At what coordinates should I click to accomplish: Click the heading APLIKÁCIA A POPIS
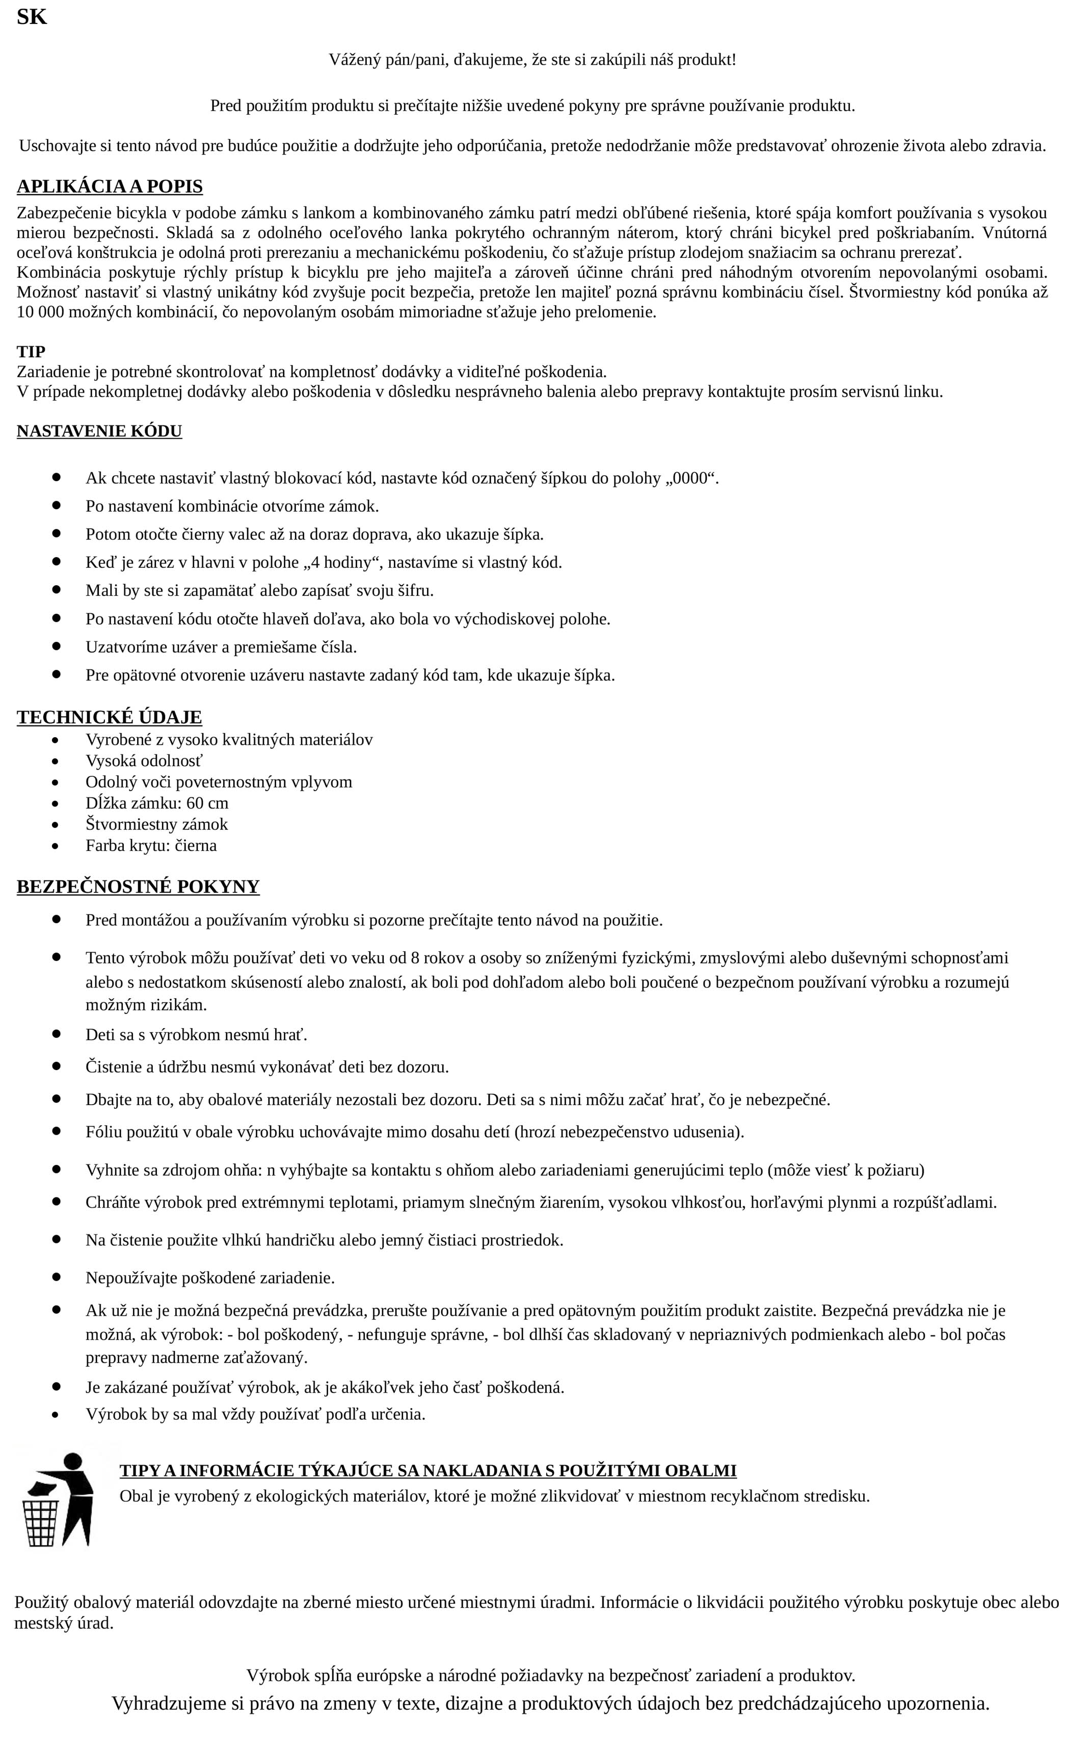point(110,187)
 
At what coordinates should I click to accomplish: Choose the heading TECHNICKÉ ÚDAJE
point(109,717)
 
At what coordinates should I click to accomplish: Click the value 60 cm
point(207,803)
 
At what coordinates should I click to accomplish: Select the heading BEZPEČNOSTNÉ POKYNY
point(138,887)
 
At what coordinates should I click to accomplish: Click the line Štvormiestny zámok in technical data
point(156,824)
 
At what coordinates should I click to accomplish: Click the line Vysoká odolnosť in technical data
point(144,761)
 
